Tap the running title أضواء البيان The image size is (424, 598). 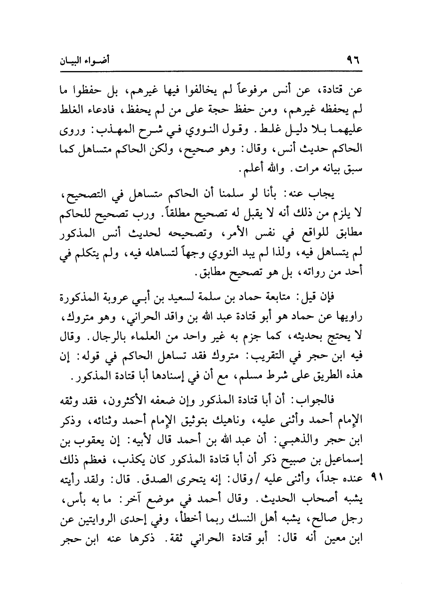[x=91, y=61]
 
